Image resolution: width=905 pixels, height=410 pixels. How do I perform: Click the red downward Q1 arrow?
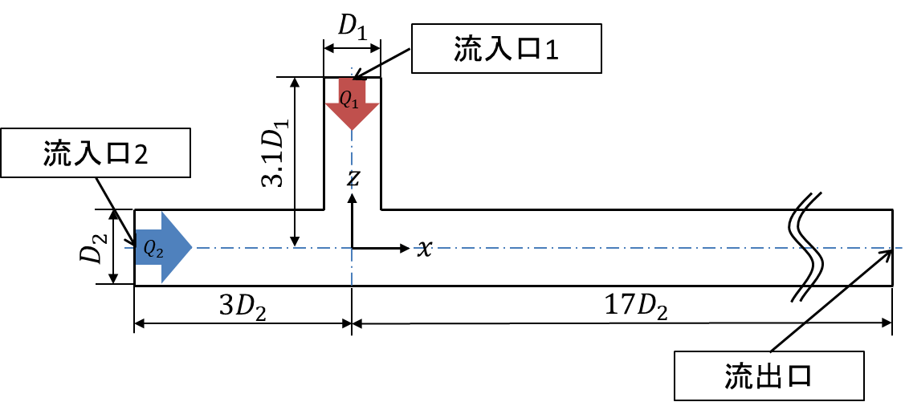pos(352,104)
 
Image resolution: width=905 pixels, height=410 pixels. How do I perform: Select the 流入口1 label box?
pos(507,48)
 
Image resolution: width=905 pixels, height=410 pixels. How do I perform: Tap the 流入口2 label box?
pos(96,152)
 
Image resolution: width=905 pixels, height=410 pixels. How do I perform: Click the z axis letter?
pos(353,179)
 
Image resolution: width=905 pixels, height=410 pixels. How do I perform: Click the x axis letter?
pos(424,249)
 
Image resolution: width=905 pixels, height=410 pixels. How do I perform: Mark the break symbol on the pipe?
pos(807,247)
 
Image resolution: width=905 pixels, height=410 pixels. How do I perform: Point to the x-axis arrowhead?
pos(404,249)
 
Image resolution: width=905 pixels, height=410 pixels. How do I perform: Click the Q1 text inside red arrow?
pos(349,100)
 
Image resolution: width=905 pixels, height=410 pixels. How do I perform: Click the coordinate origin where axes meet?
pos(352,249)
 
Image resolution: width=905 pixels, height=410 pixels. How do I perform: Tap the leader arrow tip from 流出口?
pos(891,250)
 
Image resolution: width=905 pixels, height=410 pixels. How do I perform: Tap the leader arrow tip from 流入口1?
pos(353,79)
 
